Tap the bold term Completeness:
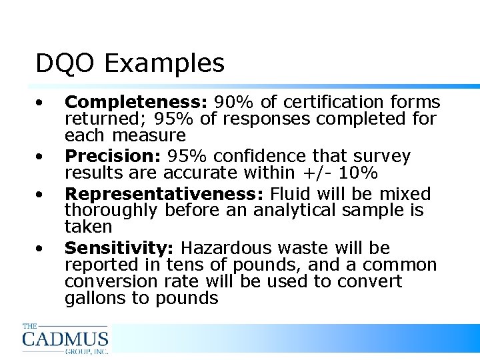[137, 103]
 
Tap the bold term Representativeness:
[165, 195]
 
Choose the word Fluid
[294, 195]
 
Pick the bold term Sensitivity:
[119, 249]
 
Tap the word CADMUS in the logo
[65, 339]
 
